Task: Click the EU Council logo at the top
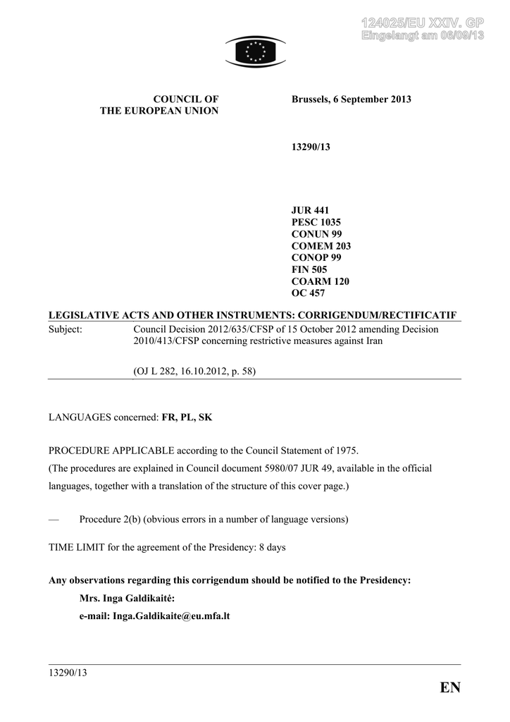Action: (x=255, y=51)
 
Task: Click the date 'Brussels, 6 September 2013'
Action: (x=351, y=99)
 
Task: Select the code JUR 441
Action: (x=310, y=210)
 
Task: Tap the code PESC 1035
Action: (x=316, y=222)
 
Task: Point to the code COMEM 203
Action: (x=321, y=246)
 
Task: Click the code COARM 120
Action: (x=320, y=281)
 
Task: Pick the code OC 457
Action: (x=309, y=293)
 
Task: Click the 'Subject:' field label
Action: (x=66, y=329)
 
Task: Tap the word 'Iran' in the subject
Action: (x=370, y=341)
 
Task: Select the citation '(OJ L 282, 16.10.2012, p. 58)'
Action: (x=194, y=371)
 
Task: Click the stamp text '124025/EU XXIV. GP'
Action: (x=422, y=23)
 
